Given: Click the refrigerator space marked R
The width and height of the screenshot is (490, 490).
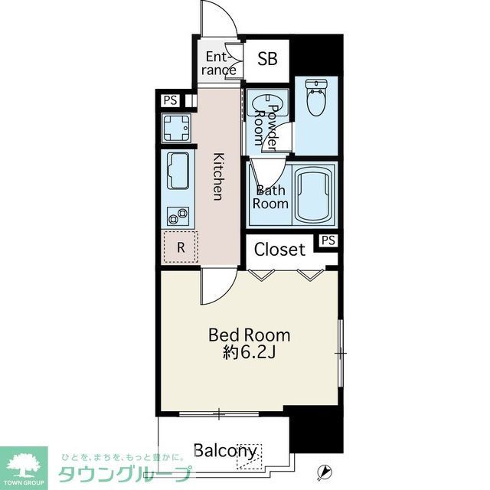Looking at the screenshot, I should (181, 247).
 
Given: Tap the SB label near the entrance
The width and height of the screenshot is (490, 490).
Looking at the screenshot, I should (268, 60).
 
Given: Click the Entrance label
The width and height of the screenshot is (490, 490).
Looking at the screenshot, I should (220, 64).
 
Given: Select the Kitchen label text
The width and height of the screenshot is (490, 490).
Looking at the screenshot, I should (218, 176).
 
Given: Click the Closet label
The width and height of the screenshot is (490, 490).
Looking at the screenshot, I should (279, 249).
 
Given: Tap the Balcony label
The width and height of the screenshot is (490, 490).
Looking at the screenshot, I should (224, 451).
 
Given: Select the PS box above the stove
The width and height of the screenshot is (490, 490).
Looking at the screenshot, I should (168, 100).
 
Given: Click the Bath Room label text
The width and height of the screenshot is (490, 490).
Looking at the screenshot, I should (272, 197).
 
